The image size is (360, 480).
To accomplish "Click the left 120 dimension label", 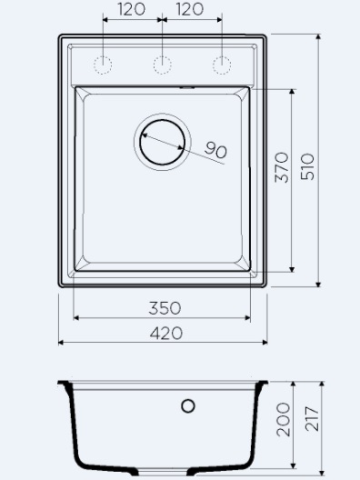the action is [x=131, y=9].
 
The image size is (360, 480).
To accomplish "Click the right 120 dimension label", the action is [x=190, y=9].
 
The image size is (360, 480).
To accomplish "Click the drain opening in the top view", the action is [x=162, y=142].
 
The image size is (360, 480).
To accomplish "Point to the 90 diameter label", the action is [x=215, y=150].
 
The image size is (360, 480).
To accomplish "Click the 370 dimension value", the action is [x=282, y=167].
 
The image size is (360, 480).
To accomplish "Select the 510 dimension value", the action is [x=307, y=167].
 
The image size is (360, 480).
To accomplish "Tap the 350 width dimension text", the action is [x=165, y=308].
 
